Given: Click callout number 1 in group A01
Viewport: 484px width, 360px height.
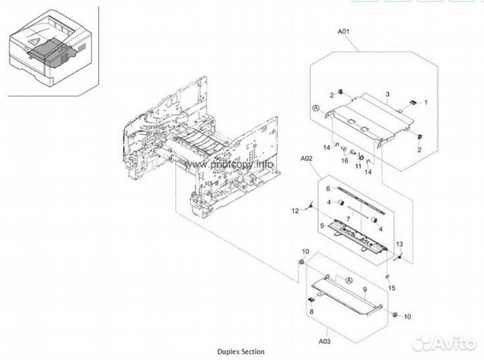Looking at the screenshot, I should (424, 102).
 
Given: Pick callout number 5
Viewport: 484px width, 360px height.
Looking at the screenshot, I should (323, 225).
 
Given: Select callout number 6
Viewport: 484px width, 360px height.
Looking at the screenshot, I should (327, 190).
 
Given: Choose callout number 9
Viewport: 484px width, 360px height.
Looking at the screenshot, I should (364, 291).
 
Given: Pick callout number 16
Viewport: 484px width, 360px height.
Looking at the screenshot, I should (344, 161).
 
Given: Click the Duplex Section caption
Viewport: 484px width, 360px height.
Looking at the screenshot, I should (240, 351).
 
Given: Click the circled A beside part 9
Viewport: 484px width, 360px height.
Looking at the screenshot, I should (349, 279).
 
